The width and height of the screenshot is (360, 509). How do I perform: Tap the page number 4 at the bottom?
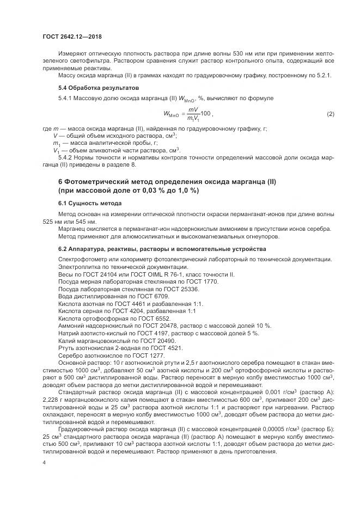point(44,462)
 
